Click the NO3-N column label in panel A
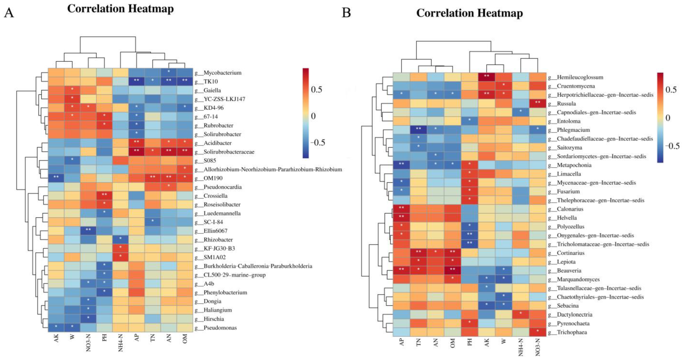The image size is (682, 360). [88, 343]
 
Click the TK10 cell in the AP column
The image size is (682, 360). [137, 81]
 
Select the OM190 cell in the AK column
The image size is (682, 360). [56, 178]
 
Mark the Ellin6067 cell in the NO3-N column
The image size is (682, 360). [88, 231]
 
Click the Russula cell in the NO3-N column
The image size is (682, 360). [538, 104]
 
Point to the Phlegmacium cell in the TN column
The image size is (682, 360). [418, 130]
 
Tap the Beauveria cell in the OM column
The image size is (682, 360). [453, 271]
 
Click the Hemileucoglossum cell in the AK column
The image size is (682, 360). [487, 77]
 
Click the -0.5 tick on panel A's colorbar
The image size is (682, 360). [318, 143]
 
